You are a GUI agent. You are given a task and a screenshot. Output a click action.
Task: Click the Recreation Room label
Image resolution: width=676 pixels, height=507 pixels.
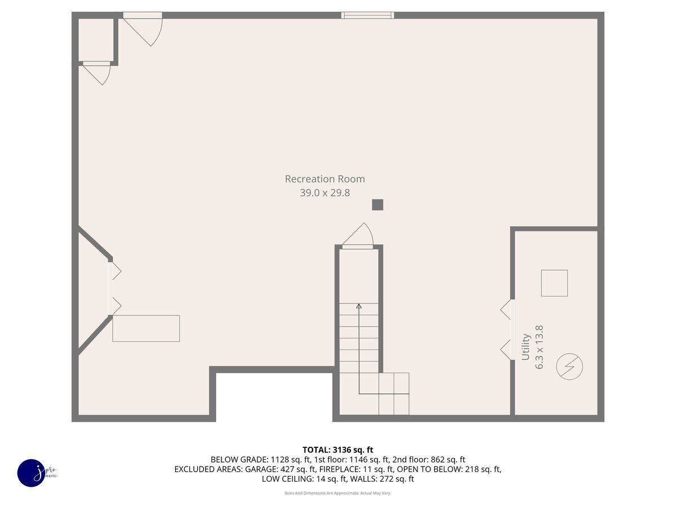click(x=324, y=179)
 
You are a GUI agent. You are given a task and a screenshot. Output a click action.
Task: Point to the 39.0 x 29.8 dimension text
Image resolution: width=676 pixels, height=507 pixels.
click(x=324, y=193)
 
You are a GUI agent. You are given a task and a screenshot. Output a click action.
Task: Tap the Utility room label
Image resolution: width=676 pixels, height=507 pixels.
click(x=525, y=346)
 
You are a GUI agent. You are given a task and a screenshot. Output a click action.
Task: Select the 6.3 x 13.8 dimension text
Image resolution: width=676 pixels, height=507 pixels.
click(x=539, y=347)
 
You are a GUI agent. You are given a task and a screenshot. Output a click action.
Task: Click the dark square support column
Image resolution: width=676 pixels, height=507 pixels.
click(x=377, y=204)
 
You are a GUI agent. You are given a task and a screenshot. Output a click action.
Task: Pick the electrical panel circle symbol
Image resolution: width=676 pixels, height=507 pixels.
click(x=570, y=366)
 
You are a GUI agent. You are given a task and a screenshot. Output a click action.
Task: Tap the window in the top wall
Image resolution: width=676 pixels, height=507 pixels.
click(x=367, y=15)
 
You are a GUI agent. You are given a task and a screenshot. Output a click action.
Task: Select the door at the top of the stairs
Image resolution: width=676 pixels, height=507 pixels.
click(x=358, y=236)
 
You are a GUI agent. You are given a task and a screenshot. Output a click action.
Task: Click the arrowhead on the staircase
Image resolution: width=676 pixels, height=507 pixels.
click(x=359, y=306)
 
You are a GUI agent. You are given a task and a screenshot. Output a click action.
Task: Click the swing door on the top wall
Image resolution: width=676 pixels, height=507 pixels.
click(x=143, y=29)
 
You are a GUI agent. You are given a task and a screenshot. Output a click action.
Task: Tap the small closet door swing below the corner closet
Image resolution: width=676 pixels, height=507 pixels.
click(x=97, y=73)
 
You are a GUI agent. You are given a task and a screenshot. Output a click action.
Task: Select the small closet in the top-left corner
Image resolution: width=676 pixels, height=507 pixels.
click(x=96, y=40)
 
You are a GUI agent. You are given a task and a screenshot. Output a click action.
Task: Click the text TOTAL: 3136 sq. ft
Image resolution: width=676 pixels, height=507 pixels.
click(x=338, y=450)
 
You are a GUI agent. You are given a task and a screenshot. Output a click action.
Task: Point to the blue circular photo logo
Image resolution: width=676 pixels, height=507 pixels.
click(x=32, y=473)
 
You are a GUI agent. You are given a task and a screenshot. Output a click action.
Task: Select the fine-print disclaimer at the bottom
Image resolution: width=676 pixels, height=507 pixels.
click(x=338, y=493)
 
